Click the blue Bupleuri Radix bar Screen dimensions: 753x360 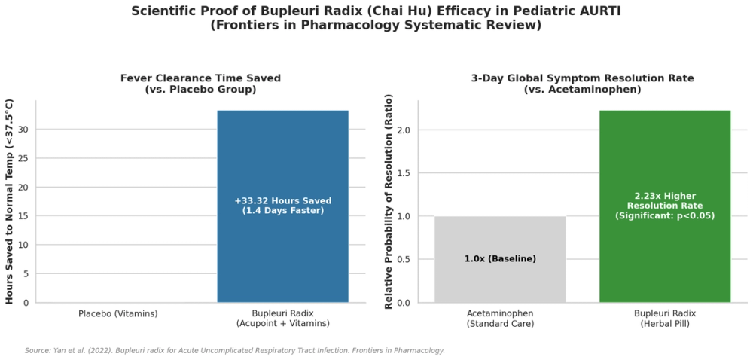(x=283, y=206)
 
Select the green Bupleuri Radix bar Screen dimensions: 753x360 (x=665, y=206)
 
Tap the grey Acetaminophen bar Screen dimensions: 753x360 (x=500, y=259)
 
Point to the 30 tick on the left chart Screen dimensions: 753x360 (x=25, y=130)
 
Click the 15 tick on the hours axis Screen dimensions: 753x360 (x=25, y=216)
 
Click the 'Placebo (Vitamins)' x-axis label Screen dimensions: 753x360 (x=118, y=314)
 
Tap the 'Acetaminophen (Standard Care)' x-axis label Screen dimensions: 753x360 (x=500, y=319)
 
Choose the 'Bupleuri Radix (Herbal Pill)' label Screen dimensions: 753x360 (x=665, y=319)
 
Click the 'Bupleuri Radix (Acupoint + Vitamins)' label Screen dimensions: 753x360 (x=283, y=319)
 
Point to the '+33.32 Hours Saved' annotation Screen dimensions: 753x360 (x=283, y=200)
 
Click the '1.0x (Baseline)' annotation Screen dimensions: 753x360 (x=500, y=259)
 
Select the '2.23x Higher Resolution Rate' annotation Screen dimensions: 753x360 (x=665, y=201)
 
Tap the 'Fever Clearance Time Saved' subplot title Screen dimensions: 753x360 (x=200, y=78)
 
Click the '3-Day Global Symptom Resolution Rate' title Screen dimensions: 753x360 (x=583, y=78)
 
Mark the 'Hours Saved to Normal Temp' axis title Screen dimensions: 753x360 (x=10, y=202)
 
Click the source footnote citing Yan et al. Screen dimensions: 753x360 (x=235, y=351)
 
